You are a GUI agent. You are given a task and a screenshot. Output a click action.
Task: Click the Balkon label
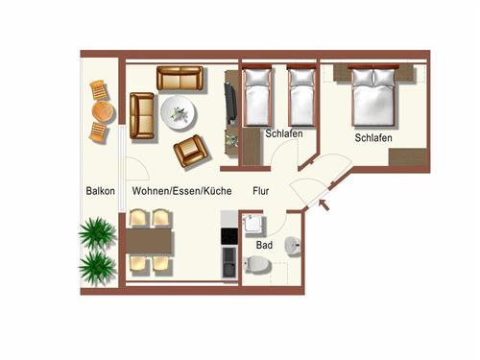(x=100, y=191)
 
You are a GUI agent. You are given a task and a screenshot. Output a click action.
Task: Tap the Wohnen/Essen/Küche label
(x=181, y=191)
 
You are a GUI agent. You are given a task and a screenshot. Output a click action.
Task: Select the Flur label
(x=261, y=191)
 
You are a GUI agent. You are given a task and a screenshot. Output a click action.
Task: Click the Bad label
(x=264, y=245)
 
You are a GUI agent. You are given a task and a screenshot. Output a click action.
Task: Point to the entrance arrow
(x=324, y=204)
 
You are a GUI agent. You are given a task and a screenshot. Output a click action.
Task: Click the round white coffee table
(x=179, y=113)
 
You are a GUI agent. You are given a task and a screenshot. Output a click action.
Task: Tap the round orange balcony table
(x=103, y=111)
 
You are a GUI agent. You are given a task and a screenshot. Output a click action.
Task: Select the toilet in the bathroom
(x=257, y=265)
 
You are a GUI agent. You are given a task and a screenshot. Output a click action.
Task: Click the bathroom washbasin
(x=293, y=247)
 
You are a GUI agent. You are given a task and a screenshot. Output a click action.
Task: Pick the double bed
(x=373, y=95)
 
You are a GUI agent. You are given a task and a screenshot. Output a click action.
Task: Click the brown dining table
(x=150, y=241)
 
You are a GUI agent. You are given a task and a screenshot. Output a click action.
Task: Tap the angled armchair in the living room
(x=192, y=151)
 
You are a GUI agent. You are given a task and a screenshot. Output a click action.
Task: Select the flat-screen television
(x=230, y=103)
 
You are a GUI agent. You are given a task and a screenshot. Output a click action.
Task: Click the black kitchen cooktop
(x=229, y=236)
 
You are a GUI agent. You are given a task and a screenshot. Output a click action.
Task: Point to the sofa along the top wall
(x=180, y=78)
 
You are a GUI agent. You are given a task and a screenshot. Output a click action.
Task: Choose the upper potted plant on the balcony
(x=97, y=232)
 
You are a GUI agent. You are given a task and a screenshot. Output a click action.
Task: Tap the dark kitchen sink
(x=229, y=262)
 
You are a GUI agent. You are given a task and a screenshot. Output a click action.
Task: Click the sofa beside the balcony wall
(x=142, y=116)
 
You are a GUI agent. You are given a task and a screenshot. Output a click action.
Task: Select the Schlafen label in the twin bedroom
(x=284, y=133)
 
